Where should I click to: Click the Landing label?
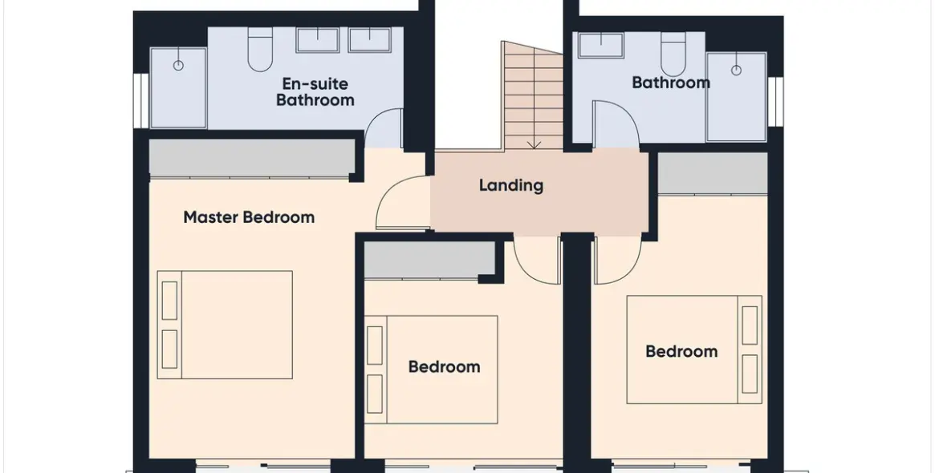coord(511,185)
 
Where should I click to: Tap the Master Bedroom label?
coord(249,216)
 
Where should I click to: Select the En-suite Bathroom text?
coord(315,91)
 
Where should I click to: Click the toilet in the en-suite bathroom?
coord(260,50)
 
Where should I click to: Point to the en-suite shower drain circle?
coord(178,66)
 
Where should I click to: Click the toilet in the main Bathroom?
coord(673,53)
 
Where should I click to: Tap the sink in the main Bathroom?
coord(601,45)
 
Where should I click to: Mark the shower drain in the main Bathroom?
coord(737,71)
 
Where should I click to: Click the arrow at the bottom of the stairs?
coord(534,144)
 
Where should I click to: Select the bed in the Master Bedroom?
coord(225,325)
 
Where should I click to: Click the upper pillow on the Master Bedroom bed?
coord(169,301)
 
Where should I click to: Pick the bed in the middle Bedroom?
coord(431,370)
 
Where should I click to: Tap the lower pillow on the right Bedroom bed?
coord(750,374)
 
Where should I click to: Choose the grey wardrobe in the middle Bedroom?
coord(429,261)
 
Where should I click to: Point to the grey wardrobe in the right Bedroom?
coord(713,173)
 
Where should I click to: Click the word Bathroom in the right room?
coord(671,83)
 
